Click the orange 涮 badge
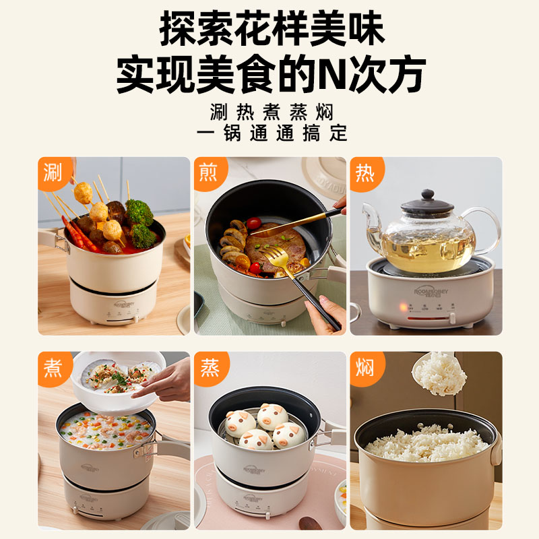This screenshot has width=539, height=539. [53, 172]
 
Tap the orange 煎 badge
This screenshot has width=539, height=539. [208, 172]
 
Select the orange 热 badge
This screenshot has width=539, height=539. [364, 172]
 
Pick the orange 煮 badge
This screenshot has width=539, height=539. [53, 367]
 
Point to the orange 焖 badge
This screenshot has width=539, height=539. [364, 367]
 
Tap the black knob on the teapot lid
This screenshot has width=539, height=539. [427, 195]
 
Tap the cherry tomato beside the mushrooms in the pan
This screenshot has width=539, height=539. [254, 223]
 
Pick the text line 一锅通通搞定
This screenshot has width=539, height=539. [272, 133]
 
